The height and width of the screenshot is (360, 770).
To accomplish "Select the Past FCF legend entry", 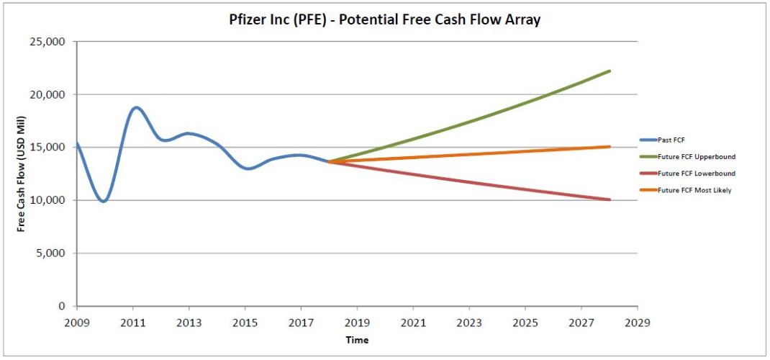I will click(x=671, y=140).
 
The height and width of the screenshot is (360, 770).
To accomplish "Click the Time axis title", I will click(x=356, y=339).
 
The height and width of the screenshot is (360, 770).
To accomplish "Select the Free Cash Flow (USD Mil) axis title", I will click(x=22, y=174).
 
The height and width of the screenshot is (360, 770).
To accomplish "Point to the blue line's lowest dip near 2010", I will click(x=104, y=202).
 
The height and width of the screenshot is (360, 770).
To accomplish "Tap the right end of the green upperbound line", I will click(x=610, y=71).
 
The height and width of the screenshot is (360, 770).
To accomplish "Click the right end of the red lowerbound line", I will click(x=610, y=199).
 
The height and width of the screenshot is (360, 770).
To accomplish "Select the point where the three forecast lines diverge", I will click(x=329, y=162).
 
